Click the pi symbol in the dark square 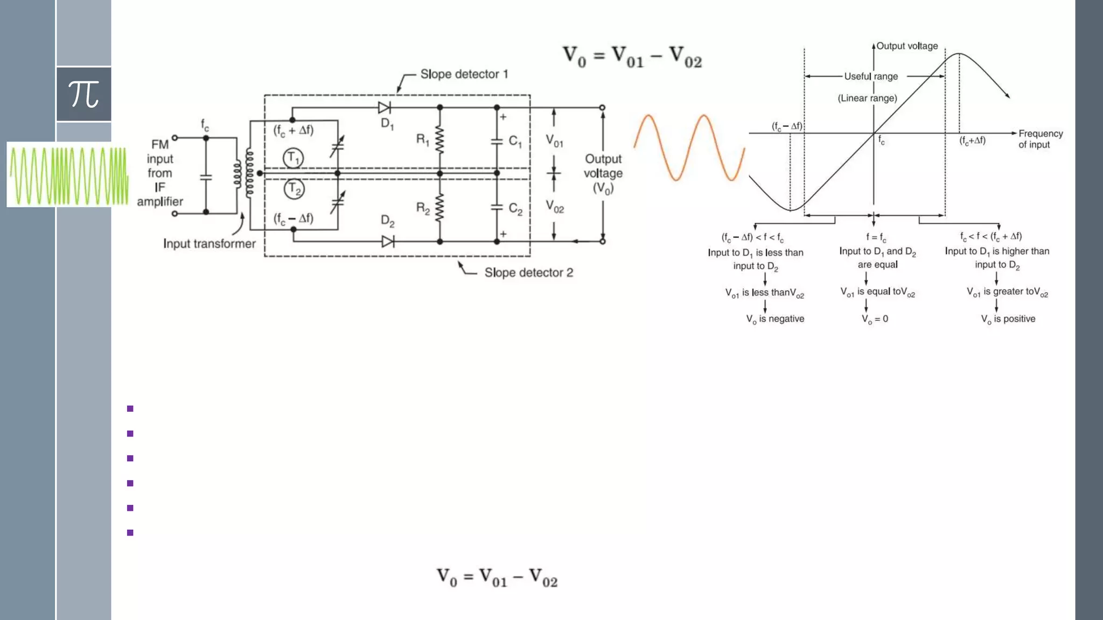coord(84,94)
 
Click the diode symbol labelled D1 coord(385,108)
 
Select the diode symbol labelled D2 coord(388,242)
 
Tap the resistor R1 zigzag coord(440,140)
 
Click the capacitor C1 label coord(515,142)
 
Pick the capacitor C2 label coord(515,209)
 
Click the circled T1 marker coord(293,158)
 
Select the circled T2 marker coord(294,189)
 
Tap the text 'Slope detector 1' coord(464,74)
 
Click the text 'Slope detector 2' coord(528,273)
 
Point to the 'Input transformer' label coord(210,244)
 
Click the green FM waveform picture coord(68,175)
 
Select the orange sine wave coord(689,147)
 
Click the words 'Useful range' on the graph coord(871,76)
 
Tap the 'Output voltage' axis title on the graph coord(907,46)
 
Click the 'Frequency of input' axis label coord(1040,139)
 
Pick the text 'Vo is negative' coord(775,319)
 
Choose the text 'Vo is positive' coord(1008,319)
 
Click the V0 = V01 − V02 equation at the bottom coord(497,577)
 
